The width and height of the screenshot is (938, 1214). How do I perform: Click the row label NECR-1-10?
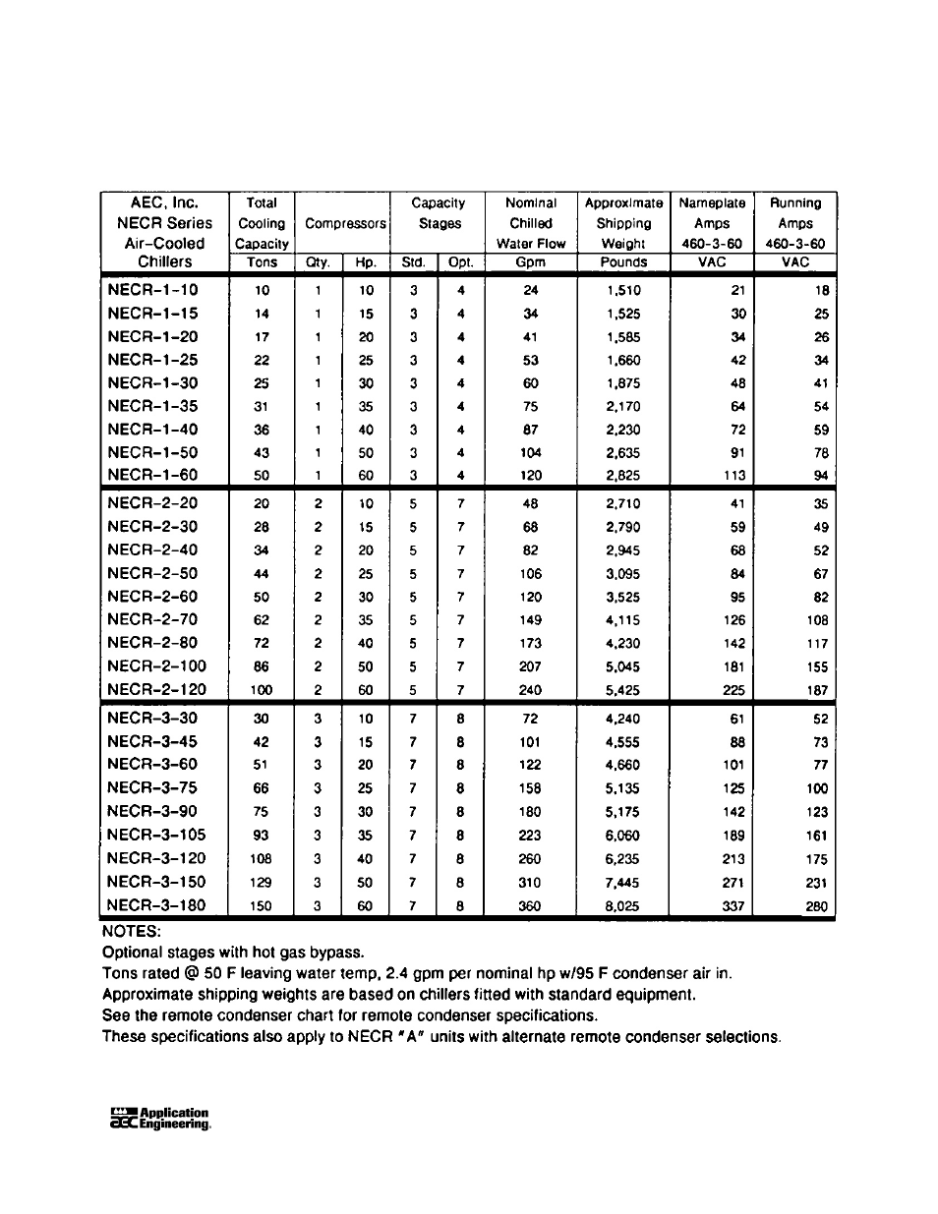[152, 289]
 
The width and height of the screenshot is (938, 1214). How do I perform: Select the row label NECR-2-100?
[157, 666]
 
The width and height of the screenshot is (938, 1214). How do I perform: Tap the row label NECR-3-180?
[157, 905]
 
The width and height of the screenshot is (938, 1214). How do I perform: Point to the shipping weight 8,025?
[622, 906]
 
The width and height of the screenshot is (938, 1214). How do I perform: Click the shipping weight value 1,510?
[623, 290]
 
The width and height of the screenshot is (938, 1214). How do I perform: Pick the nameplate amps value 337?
[733, 906]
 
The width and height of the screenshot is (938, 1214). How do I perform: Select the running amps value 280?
[816, 906]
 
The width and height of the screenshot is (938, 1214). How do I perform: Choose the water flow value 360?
[530, 906]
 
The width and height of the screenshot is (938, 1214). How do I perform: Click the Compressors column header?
[345, 223]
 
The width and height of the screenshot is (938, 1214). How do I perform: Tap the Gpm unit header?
[530, 262]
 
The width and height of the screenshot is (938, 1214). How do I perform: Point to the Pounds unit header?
[623, 262]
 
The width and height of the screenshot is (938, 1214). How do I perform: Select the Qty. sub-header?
[317, 262]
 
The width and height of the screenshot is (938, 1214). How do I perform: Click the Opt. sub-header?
[460, 262]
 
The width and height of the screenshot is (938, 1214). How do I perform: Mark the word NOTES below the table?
[131, 930]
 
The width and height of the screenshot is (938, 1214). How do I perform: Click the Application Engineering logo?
[160, 1120]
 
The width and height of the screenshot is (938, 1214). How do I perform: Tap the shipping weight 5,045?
[623, 666]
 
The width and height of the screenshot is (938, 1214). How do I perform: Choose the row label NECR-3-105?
[157, 835]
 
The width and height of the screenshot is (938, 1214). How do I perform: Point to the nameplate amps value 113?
[733, 476]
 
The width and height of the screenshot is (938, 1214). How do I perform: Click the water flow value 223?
[530, 836]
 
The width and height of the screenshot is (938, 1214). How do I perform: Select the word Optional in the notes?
[132, 952]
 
